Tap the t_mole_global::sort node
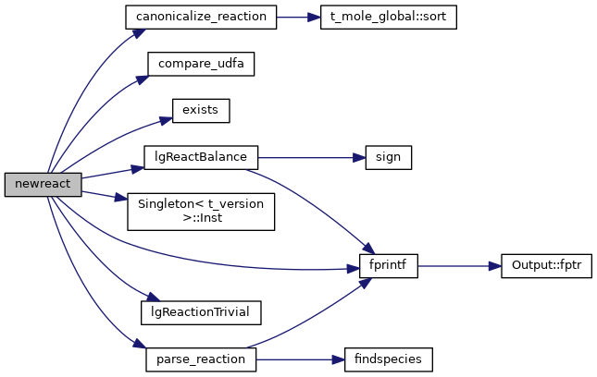388,18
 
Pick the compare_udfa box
200,65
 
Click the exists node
200,110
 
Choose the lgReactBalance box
200,156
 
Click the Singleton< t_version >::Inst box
200,212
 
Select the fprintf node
388,266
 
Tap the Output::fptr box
545,266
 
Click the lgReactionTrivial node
200,311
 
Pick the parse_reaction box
200,358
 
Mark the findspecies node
388,358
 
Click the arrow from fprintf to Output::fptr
458,266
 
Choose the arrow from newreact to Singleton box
102,193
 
